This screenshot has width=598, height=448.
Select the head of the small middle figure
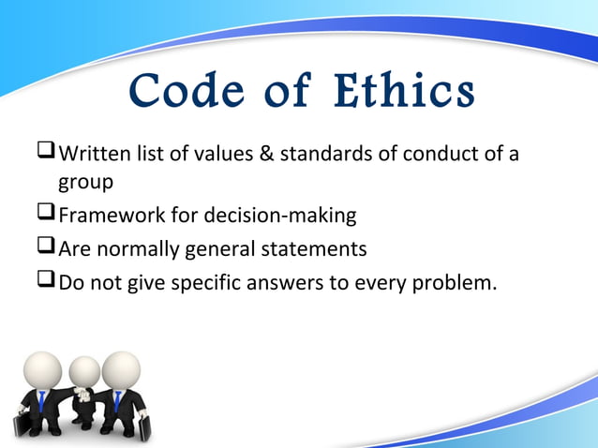pyautogui.click(x=84, y=372)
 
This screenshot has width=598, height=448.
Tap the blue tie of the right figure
pyautogui.click(x=118, y=401)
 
